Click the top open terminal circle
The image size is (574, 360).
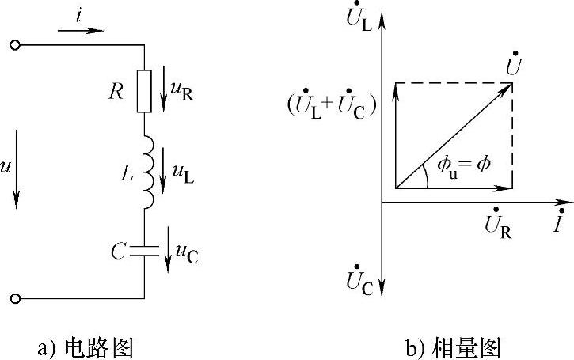pos(14,46)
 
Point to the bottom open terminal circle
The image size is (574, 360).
pos(14,298)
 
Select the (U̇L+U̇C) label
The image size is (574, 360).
pos(332,107)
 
